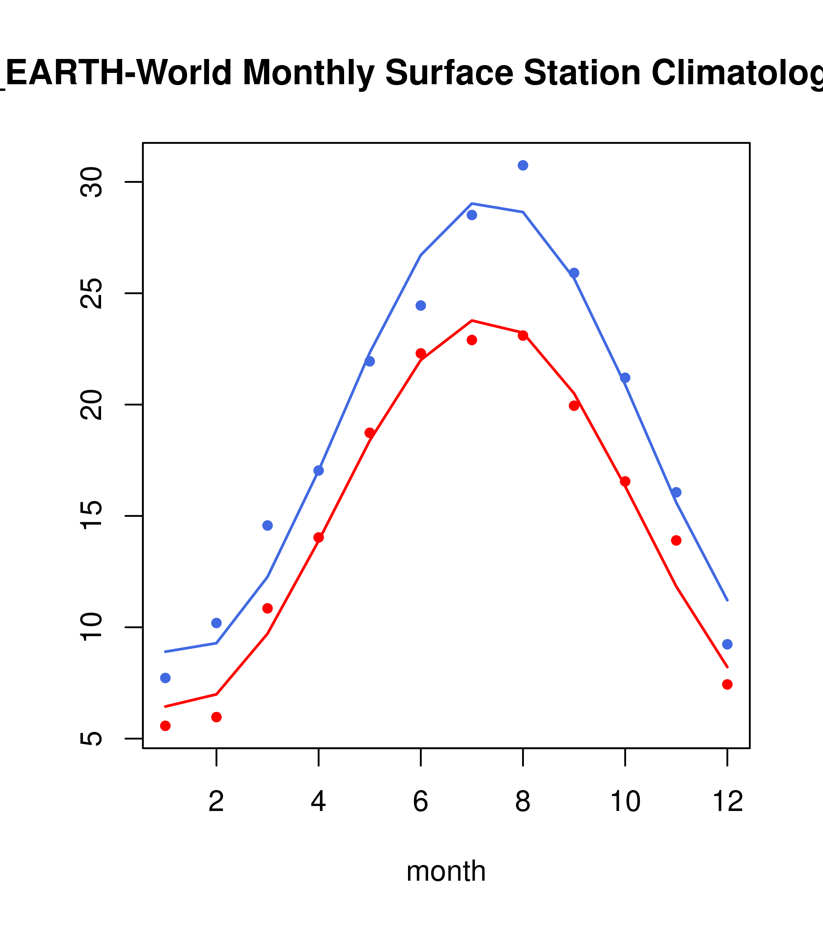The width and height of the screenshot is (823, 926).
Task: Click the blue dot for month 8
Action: click(523, 165)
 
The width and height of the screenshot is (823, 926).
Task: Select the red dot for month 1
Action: click(165, 726)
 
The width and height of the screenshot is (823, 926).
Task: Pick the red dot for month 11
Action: click(676, 541)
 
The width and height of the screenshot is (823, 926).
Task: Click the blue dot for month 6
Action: click(421, 306)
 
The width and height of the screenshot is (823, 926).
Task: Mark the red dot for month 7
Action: click(472, 340)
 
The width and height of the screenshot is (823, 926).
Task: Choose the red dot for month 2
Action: click(217, 717)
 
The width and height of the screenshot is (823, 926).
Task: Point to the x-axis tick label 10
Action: click(625, 802)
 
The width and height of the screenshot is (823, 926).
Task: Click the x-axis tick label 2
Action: click(217, 802)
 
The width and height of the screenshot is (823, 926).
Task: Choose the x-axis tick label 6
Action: click(421, 802)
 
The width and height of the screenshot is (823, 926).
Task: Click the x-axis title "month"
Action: click(446, 871)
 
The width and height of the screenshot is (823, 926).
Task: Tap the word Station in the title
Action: click(582, 73)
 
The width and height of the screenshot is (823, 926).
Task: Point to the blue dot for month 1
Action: click(165, 678)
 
